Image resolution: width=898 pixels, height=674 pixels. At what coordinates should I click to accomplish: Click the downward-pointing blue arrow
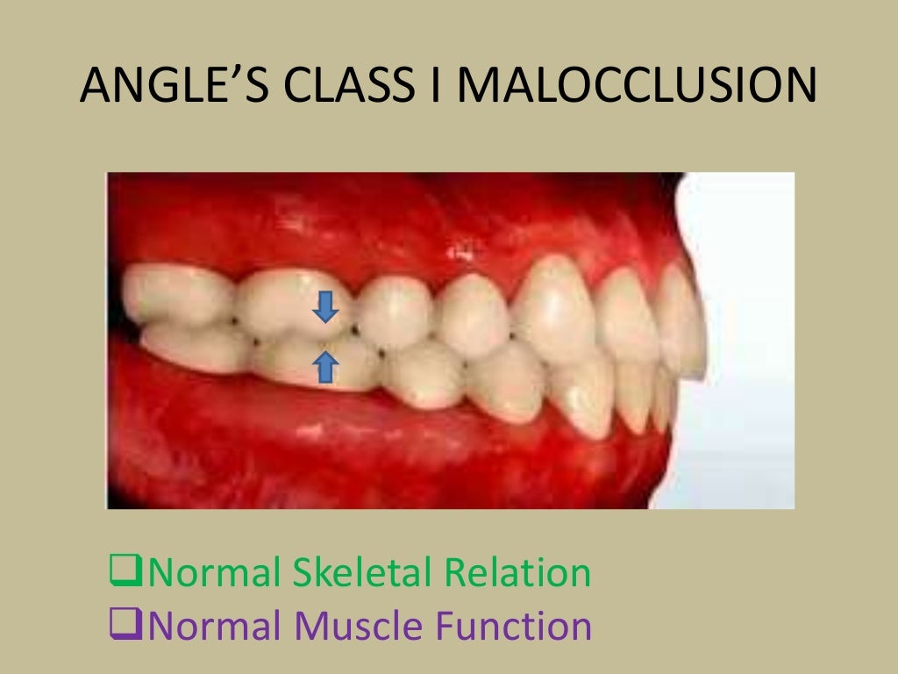[325, 307]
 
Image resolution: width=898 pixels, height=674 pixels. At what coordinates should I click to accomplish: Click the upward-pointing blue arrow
[325, 366]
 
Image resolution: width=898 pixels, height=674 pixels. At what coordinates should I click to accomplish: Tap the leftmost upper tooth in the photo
[171, 294]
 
